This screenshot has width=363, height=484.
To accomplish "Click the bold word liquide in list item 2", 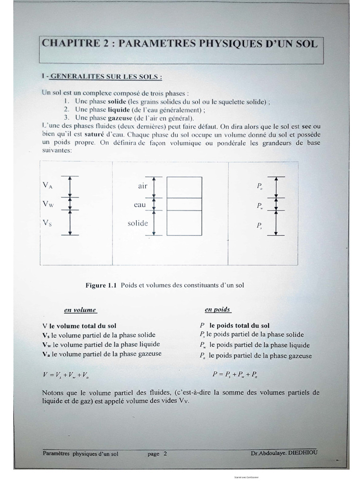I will (120, 110).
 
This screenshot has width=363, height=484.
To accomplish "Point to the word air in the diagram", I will (143, 186).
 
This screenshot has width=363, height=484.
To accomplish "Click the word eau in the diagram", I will (140, 205).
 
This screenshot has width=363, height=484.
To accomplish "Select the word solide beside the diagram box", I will (138, 223).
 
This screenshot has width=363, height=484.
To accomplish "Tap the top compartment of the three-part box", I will (184, 187).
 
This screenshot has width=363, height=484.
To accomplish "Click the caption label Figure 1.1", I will (102, 285).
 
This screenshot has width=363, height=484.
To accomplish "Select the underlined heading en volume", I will (80, 310).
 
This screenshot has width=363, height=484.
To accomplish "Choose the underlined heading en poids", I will (217, 310).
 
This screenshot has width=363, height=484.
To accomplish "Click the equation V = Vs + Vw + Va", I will (66, 374).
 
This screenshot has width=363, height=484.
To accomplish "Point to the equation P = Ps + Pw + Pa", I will (234, 374).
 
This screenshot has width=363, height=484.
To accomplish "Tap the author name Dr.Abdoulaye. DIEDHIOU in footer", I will (285, 453).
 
